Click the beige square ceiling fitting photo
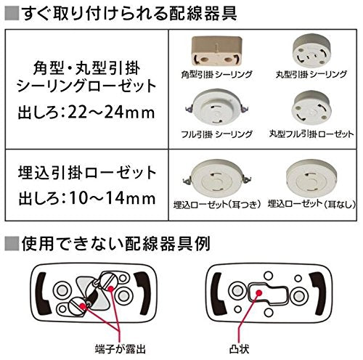click(x=217, y=52)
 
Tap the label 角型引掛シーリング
click(x=217, y=74)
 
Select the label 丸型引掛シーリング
click(x=311, y=74)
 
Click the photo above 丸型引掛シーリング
click(x=311, y=51)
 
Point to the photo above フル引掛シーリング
click(x=217, y=108)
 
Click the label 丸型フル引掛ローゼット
click(x=311, y=134)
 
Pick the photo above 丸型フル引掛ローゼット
click(x=311, y=108)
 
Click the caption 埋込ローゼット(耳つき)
click(x=217, y=205)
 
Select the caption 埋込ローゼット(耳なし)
click(x=311, y=205)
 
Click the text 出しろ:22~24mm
click(x=86, y=112)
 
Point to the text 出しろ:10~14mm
click(x=86, y=198)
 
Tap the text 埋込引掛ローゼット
click(x=87, y=173)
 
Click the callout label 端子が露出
click(x=121, y=349)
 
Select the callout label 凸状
click(x=239, y=349)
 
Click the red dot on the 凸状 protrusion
click(x=259, y=293)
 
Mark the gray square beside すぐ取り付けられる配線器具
click(x=12, y=13)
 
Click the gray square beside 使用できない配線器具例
click(x=12, y=243)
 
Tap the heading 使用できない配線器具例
click(x=115, y=243)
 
